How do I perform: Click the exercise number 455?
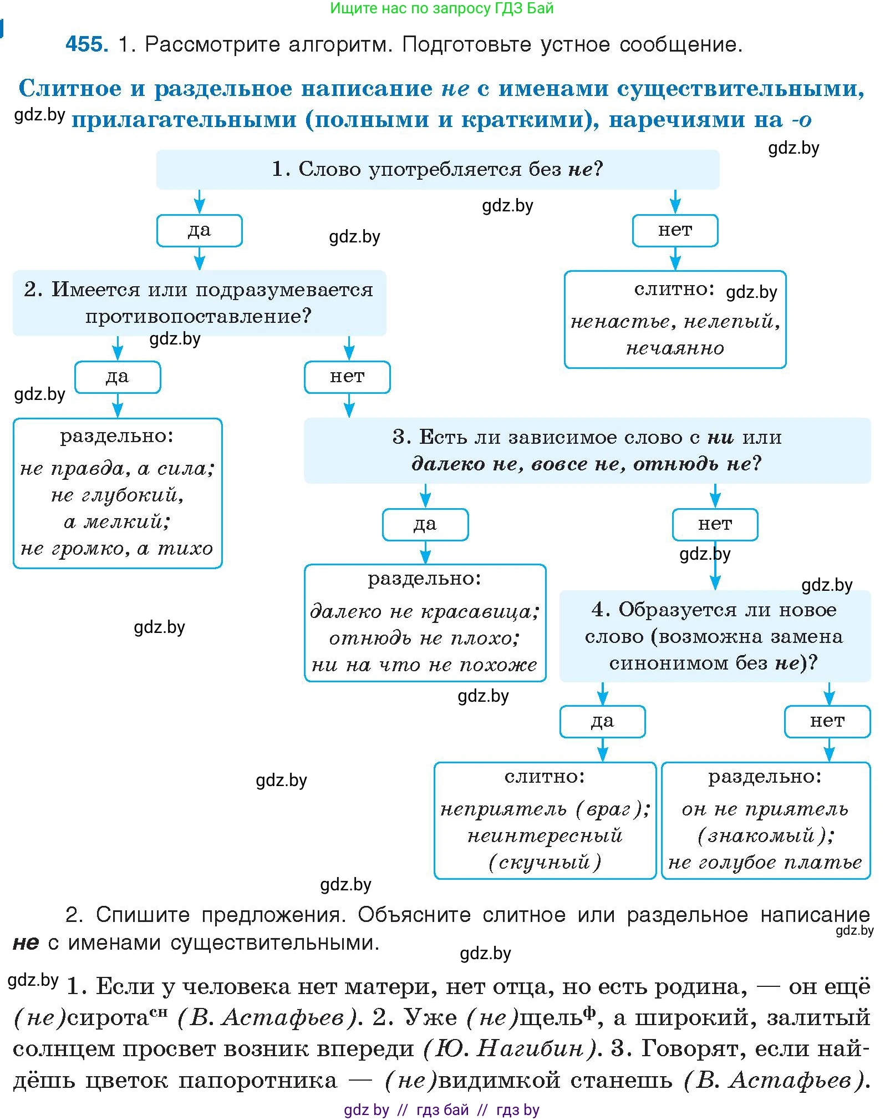(86, 44)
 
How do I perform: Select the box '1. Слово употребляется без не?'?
(437, 169)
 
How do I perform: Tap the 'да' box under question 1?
(199, 230)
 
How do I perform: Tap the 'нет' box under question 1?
(675, 230)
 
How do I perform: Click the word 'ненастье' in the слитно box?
(623, 322)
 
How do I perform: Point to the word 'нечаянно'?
(675, 348)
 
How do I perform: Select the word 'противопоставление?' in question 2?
(199, 316)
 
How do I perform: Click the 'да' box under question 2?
(117, 377)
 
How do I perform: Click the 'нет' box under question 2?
(347, 377)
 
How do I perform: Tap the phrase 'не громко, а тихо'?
(117, 549)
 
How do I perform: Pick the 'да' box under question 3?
(425, 524)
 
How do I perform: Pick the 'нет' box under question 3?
(715, 524)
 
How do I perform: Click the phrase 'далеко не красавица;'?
(425, 611)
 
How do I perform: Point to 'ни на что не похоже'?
(425, 665)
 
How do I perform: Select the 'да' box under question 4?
(602, 721)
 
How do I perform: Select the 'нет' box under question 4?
(827, 721)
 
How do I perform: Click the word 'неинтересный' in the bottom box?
(545, 835)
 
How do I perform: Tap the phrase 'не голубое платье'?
(765, 863)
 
